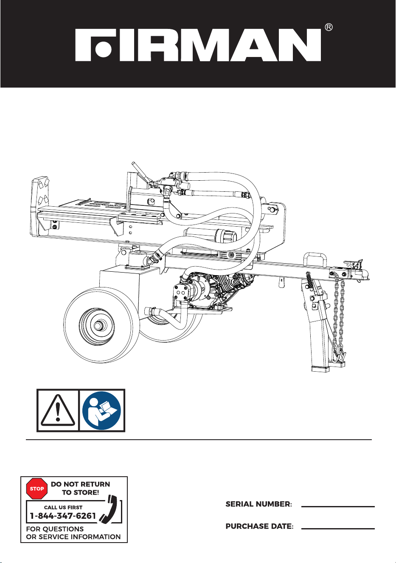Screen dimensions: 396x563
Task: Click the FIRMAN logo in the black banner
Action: coord(198,45)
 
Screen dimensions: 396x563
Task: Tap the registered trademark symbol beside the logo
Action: coord(329,27)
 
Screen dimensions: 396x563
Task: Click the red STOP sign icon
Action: coord(37,489)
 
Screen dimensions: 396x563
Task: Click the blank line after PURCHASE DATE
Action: coord(338,529)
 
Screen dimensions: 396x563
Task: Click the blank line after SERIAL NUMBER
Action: coord(338,506)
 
